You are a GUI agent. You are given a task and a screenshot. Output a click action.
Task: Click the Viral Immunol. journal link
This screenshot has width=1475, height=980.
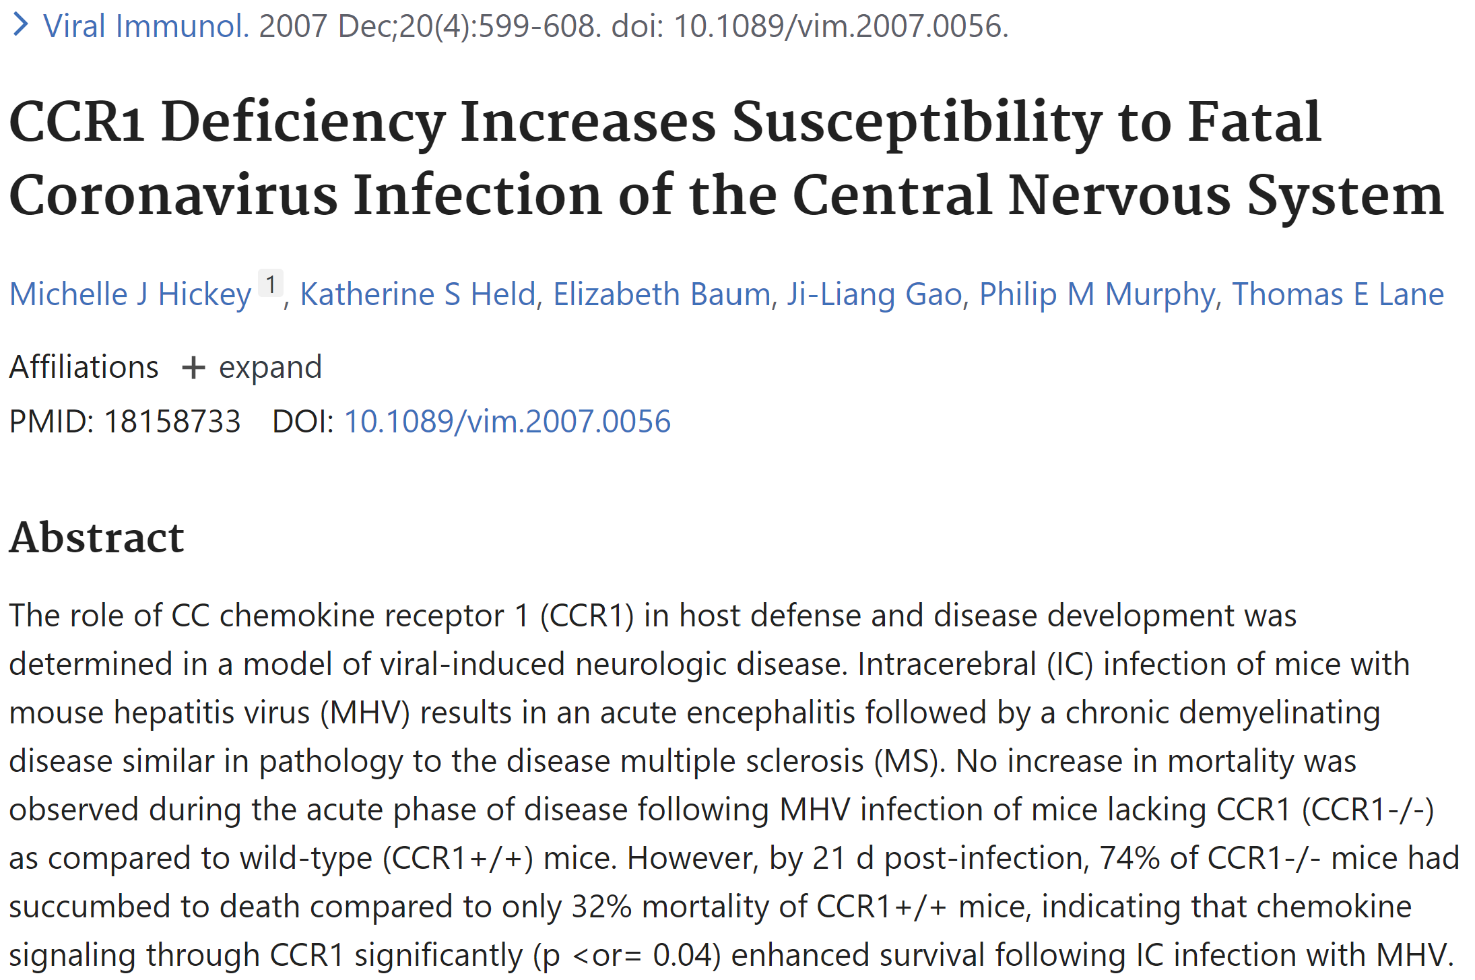[x=145, y=26]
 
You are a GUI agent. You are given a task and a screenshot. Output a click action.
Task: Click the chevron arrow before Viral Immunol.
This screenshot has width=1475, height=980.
[x=21, y=26]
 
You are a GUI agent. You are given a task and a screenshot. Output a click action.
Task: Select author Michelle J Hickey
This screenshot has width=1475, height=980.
[x=130, y=294]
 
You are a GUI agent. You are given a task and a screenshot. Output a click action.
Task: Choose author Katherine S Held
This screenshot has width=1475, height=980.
[x=418, y=294]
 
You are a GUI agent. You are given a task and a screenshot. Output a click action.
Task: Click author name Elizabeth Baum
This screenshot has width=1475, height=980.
[x=661, y=294]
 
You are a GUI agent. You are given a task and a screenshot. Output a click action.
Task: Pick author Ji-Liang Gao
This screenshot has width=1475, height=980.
[x=874, y=294]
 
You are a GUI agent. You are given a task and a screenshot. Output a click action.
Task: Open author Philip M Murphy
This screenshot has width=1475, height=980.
[x=1096, y=294]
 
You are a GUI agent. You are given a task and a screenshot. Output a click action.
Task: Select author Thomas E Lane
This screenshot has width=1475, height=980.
[x=1338, y=294]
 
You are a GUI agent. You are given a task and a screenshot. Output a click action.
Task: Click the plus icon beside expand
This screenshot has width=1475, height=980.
[x=193, y=368]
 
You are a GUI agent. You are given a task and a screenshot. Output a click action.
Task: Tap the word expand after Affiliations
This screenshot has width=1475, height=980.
[x=270, y=368]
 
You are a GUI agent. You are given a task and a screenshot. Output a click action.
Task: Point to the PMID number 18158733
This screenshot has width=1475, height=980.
[x=172, y=422]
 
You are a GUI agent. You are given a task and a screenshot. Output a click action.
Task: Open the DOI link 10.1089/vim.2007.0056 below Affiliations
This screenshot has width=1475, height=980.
[x=507, y=422]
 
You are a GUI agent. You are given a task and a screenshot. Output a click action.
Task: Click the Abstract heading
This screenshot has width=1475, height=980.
[x=96, y=537]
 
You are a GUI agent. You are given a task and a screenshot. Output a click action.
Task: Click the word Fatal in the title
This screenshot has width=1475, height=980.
[x=1253, y=122]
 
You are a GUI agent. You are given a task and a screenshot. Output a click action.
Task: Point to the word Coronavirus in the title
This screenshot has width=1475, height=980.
[x=173, y=195]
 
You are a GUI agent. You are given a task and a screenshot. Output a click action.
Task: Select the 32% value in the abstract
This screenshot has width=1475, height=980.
[x=601, y=907]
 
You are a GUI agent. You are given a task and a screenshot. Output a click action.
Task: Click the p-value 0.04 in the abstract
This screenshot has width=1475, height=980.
[x=682, y=955]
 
